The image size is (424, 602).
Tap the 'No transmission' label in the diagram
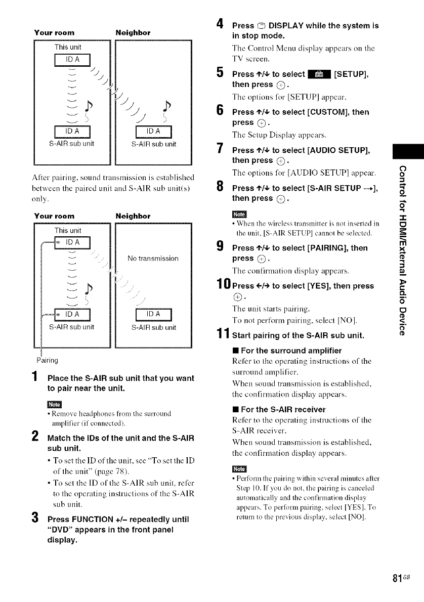(x=153, y=259)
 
